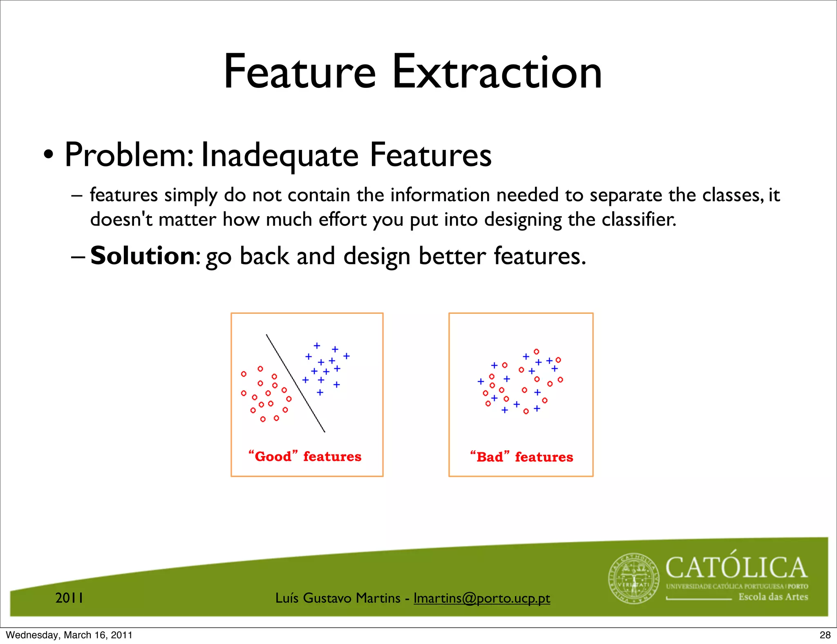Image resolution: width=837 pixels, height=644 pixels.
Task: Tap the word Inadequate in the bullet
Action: tap(280, 155)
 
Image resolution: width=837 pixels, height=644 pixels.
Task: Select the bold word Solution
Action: tap(143, 256)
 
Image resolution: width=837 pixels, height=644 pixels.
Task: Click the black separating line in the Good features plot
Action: tap(295, 383)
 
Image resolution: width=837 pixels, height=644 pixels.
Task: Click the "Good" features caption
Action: tap(305, 456)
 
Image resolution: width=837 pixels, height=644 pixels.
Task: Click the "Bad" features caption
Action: tap(521, 456)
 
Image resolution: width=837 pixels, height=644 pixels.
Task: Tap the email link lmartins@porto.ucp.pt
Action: tap(482, 598)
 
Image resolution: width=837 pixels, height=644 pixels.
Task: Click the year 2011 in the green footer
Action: tap(69, 598)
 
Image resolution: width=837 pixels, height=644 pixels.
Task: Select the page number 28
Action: tap(825, 635)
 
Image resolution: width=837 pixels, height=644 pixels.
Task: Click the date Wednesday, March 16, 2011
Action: tap(69, 635)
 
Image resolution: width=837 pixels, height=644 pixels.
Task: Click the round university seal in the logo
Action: tap(633, 579)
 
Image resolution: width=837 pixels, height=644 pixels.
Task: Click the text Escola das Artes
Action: tap(773, 597)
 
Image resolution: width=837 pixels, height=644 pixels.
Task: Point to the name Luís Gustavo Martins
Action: tap(338, 598)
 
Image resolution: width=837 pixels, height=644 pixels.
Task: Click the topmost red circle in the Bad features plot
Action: tap(536, 351)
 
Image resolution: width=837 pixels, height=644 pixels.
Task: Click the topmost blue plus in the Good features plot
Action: tap(317, 346)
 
